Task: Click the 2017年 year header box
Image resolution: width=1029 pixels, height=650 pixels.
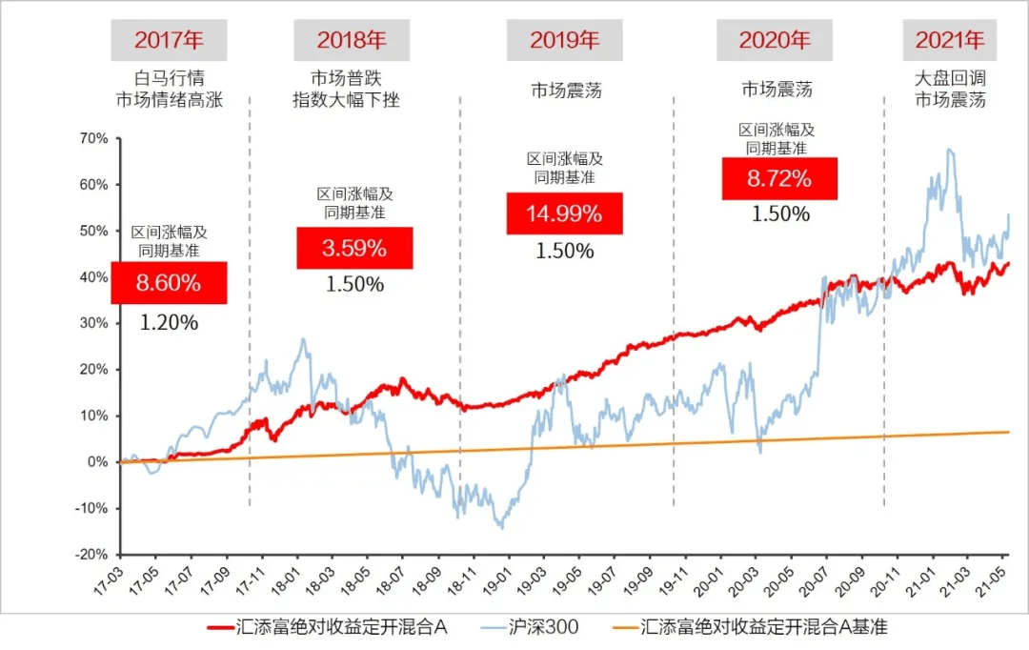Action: tap(169, 40)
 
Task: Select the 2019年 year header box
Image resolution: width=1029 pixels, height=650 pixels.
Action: tap(564, 40)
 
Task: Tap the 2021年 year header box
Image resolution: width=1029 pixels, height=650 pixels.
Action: tap(949, 40)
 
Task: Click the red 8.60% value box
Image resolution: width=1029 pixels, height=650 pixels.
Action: tap(169, 283)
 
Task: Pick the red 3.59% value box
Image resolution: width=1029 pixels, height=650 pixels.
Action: tap(354, 249)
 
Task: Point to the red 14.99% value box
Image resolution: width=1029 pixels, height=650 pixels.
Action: tap(564, 213)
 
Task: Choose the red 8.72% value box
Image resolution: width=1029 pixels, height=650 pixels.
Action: tap(779, 178)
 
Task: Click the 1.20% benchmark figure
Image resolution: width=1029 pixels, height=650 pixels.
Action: tap(169, 322)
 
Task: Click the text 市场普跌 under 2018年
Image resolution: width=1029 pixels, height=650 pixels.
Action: tap(345, 77)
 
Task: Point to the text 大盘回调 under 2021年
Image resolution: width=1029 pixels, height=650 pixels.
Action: tap(950, 77)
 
